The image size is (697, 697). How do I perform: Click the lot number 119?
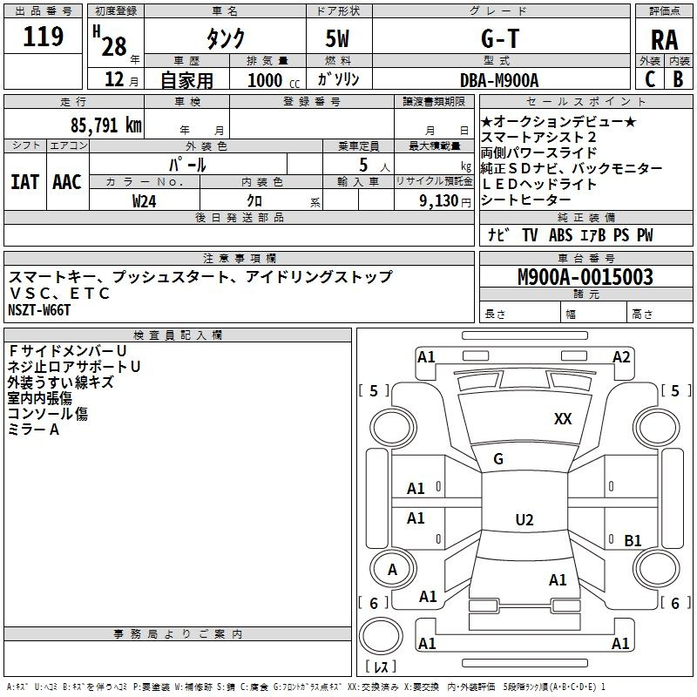[x=43, y=37]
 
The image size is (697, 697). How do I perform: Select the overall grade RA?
[x=664, y=40]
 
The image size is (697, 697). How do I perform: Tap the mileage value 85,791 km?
[x=105, y=125]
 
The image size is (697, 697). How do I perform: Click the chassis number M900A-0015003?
[x=585, y=276]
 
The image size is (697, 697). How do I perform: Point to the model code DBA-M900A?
[x=499, y=80]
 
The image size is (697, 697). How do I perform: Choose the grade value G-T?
[x=500, y=38]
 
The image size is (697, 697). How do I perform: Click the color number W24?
[x=144, y=201]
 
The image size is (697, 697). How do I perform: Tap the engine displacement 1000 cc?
[x=274, y=80]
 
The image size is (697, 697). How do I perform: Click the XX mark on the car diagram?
[x=563, y=418]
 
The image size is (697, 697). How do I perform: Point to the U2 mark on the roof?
[x=524, y=519]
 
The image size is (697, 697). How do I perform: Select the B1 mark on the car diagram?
[x=633, y=540]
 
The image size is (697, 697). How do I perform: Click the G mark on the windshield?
[x=498, y=459]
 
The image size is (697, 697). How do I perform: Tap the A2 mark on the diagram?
[x=621, y=357]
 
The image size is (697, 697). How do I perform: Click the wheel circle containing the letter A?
[x=393, y=569]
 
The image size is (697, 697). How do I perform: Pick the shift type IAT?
[x=25, y=182]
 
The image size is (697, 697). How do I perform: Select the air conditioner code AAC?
[x=67, y=182]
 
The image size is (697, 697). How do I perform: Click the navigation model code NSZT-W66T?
[x=39, y=310]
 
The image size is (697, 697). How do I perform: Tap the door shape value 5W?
[x=337, y=38]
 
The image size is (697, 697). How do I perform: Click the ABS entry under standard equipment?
[x=560, y=234]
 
